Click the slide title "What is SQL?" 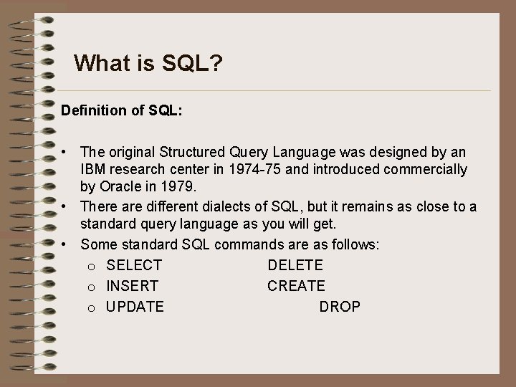pyautogui.click(x=148, y=64)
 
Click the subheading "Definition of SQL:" pyautogui.click(x=122, y=111)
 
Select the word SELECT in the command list pyautogui.click(x=134, y=265)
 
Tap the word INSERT pyautogui.click(x=133, y=286)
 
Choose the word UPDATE pyautogui.click(x=135, y=307)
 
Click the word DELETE pyautogui.click(x=295, y=265)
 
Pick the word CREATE pyautogui.click(x=296, y=286)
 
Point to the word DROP pyautogui.click(x=340, y=307)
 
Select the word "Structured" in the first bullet pyautogui.click(x=192, y=152)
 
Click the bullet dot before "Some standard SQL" pyautogui.click(x=64, y=244)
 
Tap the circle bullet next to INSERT pyautogui.click(x=92, y=287)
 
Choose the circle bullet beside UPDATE pyautogui.click(x=92, y=308)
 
